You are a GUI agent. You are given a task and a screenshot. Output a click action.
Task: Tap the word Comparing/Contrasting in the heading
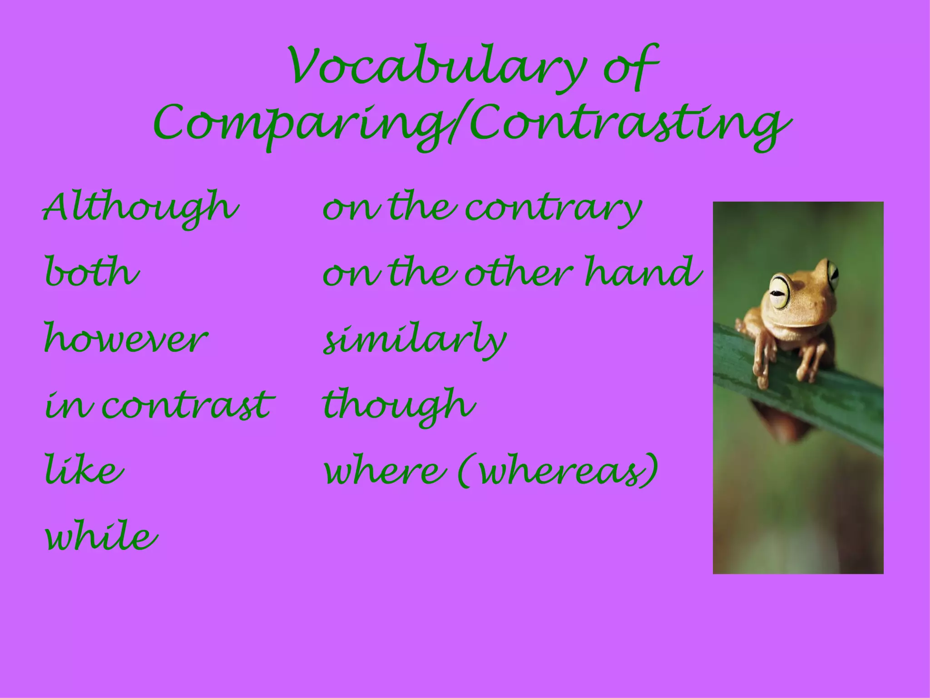point(472,125)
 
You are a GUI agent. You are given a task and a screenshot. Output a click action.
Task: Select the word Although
point(141,208)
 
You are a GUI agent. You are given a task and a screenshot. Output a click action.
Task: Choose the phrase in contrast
point(159,404)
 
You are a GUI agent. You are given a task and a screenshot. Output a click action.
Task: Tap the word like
point(84,470)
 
